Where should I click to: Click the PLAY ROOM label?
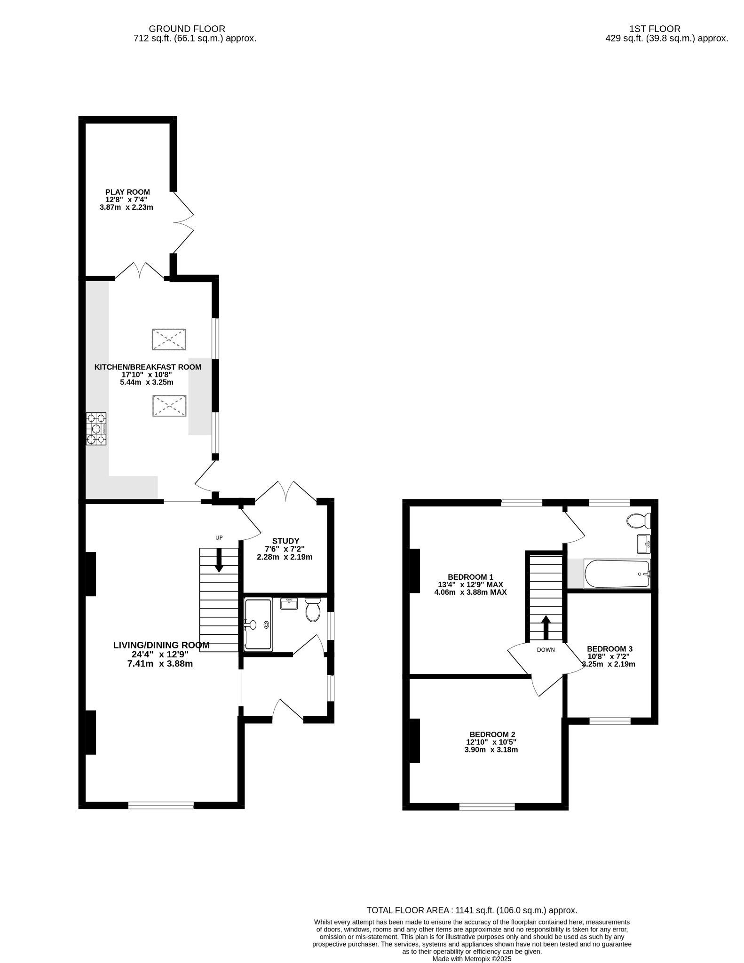[127, 192]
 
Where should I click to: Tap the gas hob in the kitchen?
[96, 428]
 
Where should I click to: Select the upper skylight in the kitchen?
[168, 339]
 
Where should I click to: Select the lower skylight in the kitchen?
[169, 406]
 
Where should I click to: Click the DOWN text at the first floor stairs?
[546, 650]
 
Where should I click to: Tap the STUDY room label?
[285, 541]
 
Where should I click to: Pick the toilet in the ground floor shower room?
[313, 610]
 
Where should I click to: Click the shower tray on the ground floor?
[258, 624]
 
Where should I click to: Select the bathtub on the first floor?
[617, 574]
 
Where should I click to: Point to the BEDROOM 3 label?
[609, 649]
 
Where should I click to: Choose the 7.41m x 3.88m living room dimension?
[160, 664]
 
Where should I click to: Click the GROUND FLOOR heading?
[187, 29]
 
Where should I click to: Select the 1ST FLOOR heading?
[655, 29]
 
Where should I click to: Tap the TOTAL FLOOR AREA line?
[472, 910]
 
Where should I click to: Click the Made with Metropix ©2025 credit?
[472, 959]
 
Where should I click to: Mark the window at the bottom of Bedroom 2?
[487, 806]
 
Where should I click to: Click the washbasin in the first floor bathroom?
[643, 544]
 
